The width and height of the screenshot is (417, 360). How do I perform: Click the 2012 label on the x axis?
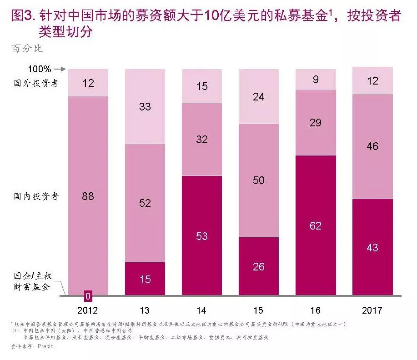tap(88, 310)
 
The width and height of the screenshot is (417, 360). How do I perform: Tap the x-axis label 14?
tap(201, 310)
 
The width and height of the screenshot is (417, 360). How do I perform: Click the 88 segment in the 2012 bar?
tap(88, 196)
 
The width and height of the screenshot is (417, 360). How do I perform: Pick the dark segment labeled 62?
tap(316, 225)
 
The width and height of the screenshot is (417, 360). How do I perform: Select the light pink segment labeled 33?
tap(145, 106)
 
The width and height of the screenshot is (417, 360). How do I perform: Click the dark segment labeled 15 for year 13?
tap(145, 279)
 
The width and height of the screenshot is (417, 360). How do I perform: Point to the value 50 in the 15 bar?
tap(258, 180)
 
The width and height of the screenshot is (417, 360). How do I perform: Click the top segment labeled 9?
tap(316, 80)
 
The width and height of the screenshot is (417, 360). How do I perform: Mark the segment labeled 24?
tap(258, 96)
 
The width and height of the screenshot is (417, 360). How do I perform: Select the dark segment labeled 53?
tap(201, 236)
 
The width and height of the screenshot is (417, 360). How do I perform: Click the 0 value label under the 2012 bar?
tap(88, 297)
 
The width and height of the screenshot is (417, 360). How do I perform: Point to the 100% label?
tap(40, 70)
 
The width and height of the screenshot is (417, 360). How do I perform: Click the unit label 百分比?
tap(27, 48)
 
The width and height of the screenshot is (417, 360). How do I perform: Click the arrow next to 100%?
tap(60, 70)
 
